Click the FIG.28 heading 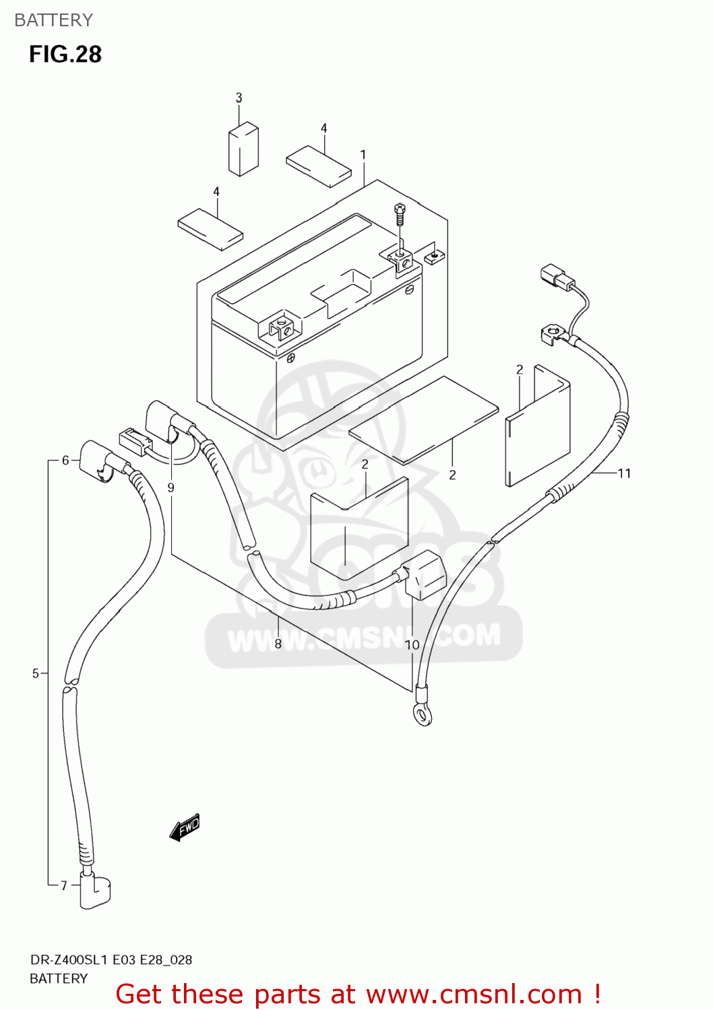65,54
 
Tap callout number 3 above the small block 239,98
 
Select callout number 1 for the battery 363,155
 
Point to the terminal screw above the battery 400,214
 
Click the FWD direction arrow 185,827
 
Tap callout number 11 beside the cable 624,473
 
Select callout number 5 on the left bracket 36,673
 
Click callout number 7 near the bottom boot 64,885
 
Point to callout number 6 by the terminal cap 65,461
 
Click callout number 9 171,487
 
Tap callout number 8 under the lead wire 278,644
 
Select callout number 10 412,644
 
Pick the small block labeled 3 243,149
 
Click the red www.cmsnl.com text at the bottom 357,994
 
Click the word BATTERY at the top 53,20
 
